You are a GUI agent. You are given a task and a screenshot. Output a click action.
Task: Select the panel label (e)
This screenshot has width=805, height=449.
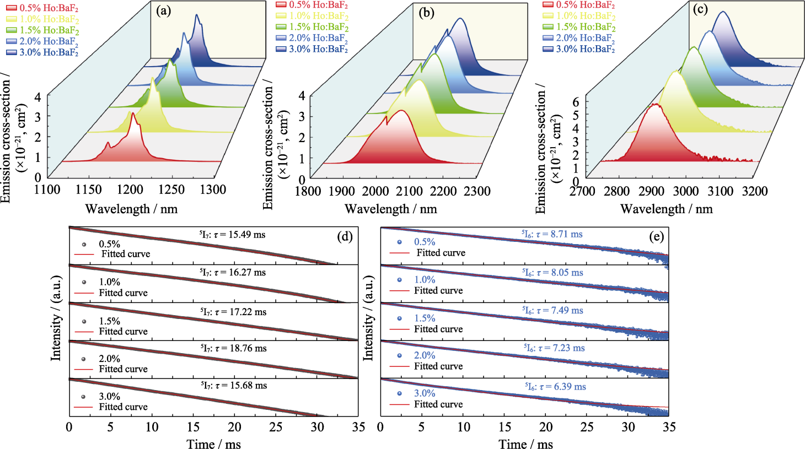pos(656,237)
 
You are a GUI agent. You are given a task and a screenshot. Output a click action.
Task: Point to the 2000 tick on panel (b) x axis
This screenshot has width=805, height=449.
pos(374,191)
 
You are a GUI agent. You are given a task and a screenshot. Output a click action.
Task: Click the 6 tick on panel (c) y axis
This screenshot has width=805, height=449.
pos(576,102)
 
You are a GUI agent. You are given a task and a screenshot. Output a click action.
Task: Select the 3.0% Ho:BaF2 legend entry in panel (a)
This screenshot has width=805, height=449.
pos(42,52)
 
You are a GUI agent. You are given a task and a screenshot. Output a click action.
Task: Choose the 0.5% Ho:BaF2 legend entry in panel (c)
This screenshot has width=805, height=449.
pos(578,5)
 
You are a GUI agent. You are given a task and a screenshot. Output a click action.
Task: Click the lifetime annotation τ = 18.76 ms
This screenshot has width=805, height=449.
pos(234,348)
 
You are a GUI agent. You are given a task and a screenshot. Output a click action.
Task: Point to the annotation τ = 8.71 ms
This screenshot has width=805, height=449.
pos(552,235)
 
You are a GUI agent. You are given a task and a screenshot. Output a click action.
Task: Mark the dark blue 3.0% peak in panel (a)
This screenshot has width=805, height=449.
pos(197,15)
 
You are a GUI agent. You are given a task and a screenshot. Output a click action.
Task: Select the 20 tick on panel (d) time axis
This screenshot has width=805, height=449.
pos(235,427)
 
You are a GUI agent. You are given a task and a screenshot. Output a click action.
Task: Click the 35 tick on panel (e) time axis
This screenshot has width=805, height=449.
pos(668,427)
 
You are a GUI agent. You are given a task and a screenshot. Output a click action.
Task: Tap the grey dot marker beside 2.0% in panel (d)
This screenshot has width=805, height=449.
pos(84,359)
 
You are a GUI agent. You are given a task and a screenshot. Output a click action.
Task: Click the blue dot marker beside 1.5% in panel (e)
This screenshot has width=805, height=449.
pos(399,318)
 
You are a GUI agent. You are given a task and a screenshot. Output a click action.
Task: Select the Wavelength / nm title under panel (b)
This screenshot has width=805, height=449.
pos(391,209)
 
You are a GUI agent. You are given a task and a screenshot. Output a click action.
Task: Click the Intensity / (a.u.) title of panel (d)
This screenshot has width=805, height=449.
pos(56,319)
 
